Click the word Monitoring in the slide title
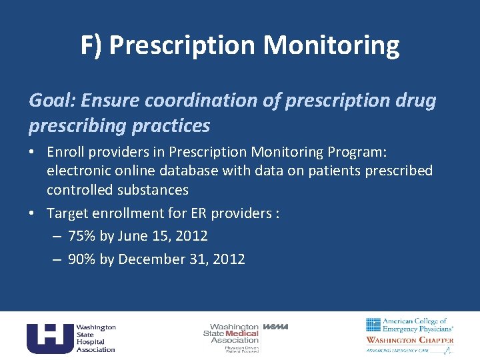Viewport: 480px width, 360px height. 331,45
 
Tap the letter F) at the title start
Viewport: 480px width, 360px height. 91,45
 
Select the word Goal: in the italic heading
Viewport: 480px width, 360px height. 53,101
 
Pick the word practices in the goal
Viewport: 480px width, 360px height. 173,125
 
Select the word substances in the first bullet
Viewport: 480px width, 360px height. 153,190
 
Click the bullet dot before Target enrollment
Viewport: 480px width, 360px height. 34,213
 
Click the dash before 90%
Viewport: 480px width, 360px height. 56,259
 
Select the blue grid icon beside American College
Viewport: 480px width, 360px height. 373,325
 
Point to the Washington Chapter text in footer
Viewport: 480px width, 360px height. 409,340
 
